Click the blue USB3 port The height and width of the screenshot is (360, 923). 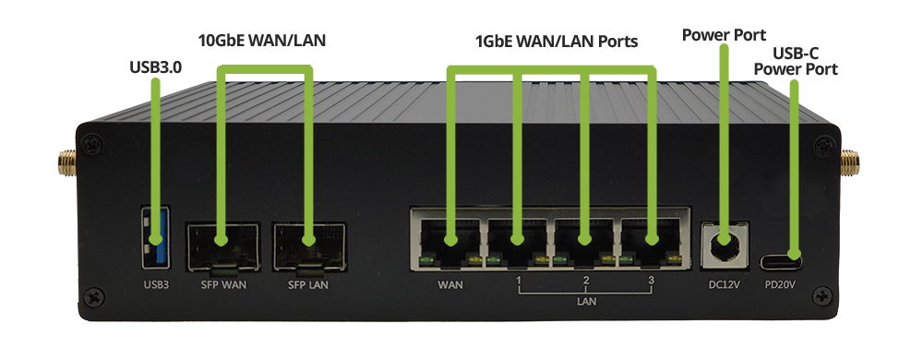(153, 237)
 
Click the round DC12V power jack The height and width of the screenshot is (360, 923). (725, 245)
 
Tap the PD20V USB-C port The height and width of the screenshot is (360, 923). (781, 259)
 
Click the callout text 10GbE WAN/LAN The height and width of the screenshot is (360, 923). (262, 41)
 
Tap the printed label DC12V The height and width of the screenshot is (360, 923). (724, 284)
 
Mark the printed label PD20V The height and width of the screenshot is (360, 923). (782, 284)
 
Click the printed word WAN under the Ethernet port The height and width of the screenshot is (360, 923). (450, 284)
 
